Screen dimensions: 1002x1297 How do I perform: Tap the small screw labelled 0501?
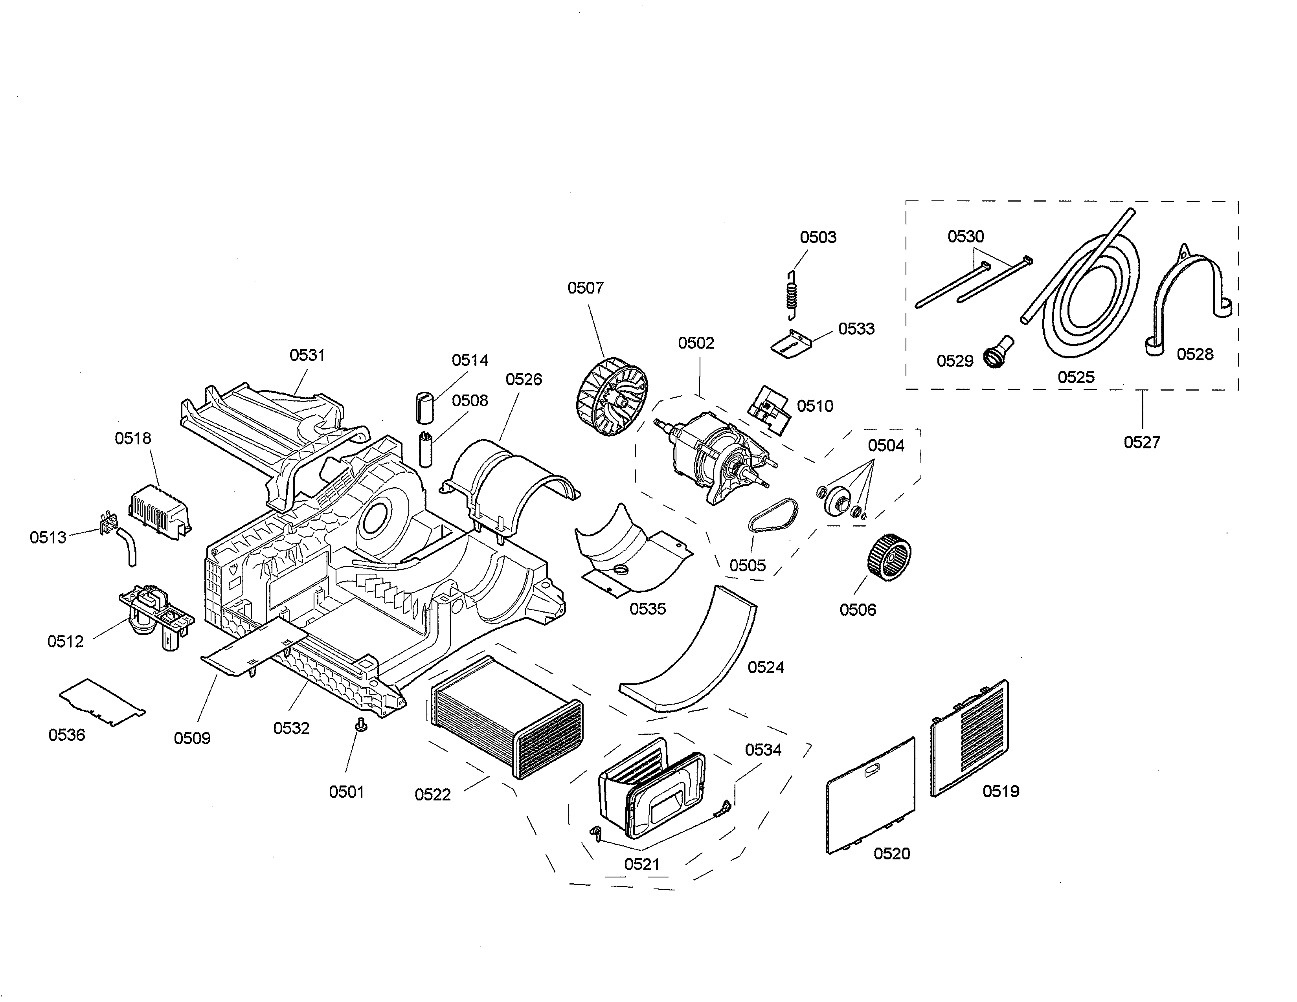click(360, 724)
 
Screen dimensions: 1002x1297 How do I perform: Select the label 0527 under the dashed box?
click(1141, 442)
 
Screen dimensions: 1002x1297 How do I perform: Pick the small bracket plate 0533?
click(791, 344)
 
